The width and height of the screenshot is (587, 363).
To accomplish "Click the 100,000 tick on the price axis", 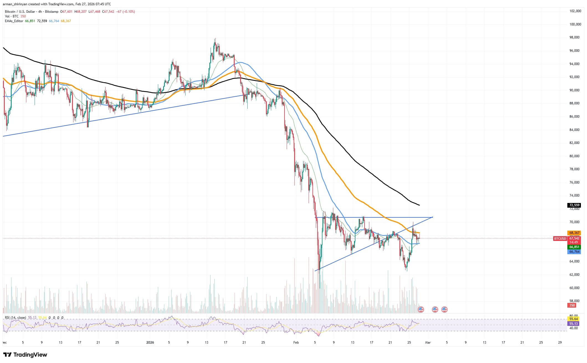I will coord(573,24).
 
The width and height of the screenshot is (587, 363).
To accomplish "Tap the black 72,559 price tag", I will coord(574,205).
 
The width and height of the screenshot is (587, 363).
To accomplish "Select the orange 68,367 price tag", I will coord(574,233).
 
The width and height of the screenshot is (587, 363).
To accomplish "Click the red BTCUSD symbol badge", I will coord(560,238).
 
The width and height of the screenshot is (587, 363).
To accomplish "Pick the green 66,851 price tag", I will coord(574,247).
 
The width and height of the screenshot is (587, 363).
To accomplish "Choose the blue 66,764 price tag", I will coord(574,252).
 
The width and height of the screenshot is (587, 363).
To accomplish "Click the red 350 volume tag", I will coord(572,305).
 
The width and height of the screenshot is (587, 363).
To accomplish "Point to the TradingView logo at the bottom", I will coord(25,355).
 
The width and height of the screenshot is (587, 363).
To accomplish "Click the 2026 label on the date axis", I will coord(150,343).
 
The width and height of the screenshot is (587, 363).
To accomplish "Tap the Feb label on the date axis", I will coord(296,343).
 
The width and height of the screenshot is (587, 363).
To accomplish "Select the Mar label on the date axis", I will coord(428,343).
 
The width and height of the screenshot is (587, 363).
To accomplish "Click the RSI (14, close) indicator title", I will coord(15,318).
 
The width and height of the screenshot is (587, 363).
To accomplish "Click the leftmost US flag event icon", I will coord(421,310).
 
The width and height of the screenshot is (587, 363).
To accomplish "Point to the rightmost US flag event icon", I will coord(444,310).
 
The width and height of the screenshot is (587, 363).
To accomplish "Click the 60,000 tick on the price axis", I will coord(573,288).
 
